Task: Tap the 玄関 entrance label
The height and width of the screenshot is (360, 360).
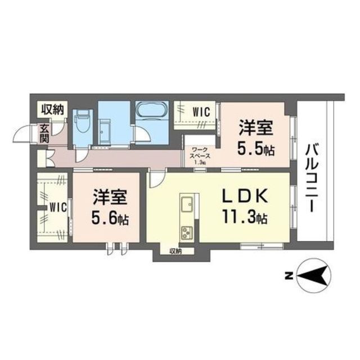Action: click(x=44, y=133)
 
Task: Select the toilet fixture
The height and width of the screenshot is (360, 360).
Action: click(x=83, y=121)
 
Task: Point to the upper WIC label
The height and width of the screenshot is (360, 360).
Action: click(x=200, y=111)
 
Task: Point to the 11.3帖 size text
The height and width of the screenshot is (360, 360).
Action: click(x=242, y=217)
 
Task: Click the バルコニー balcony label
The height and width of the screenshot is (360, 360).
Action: click(x=312, y=177)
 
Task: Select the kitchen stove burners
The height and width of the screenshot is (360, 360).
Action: click(x=186, y=232)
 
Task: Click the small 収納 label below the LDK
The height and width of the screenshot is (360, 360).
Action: click(x=175, y=251)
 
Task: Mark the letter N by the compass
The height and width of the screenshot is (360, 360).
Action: click(x=288, y=275)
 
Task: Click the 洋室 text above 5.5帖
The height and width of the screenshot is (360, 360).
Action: click(x=256, y=128)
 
